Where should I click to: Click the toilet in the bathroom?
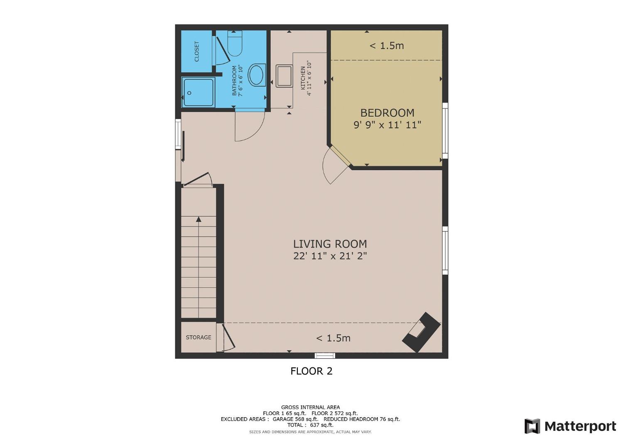235,44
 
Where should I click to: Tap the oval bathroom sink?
257,75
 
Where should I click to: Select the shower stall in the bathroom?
199,92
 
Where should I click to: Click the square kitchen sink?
284,76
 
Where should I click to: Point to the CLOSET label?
197,51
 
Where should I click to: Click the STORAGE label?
199,337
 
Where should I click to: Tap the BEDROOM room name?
387,113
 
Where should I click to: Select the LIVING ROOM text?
330,244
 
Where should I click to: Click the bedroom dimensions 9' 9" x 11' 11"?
387,125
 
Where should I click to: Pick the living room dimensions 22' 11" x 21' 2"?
330,256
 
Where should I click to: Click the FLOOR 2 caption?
311,371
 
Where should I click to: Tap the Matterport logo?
570,426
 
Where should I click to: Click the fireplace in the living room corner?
421,332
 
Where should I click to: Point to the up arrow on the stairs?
199,219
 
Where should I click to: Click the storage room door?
228,337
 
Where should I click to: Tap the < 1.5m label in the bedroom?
387,46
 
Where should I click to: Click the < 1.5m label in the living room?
333,338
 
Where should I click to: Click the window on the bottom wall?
324,355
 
